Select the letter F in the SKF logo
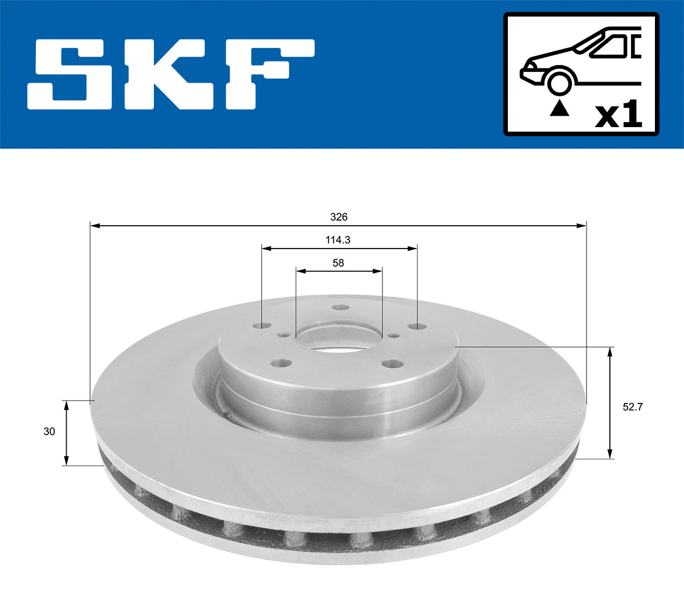click(268, 74)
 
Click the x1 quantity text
click(618, 115)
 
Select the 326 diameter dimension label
click(339, 217)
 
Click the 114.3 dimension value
click(338, 240)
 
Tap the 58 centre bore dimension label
click(339, 263)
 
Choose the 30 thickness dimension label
click(50, 431)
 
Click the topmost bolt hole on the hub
click(341, 308)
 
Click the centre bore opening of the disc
click(339, 339)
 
